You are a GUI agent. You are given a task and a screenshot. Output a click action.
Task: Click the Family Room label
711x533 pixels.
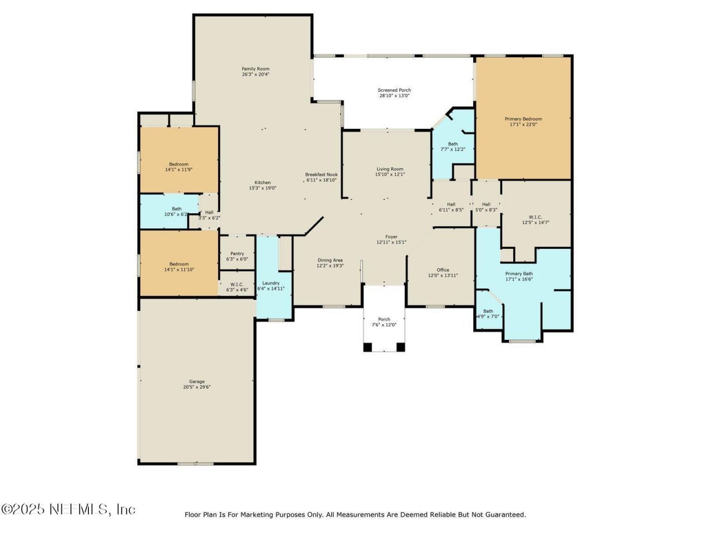click(256, 69)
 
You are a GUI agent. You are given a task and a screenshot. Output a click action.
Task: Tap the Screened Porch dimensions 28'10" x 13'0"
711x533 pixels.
click(394, 95)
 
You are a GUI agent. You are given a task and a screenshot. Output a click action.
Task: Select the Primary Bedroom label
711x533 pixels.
click(523, 119)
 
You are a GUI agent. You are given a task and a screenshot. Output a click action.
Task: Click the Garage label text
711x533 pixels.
click(197, 381)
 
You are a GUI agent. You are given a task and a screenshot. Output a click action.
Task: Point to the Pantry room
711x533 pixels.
click(237, 256)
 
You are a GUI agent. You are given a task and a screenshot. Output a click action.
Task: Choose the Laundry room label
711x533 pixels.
click(271, 283)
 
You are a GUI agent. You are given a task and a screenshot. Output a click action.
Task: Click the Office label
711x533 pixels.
click(443, 270)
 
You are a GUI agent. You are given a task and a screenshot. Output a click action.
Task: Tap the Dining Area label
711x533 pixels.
click(330, 260)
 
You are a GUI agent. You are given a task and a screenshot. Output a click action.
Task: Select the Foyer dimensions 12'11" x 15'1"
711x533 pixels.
click(392, 242)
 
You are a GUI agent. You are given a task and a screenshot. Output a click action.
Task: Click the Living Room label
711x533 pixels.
click(389, 169)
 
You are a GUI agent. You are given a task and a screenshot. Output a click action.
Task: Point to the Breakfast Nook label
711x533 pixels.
click(321, 174)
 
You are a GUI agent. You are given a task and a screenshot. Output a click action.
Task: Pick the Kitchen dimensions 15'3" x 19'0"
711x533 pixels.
click(263, 188)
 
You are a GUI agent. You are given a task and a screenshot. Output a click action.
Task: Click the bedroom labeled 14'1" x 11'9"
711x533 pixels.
click(179, 167)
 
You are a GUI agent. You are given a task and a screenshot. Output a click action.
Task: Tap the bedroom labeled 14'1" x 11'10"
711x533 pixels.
click(179, 266)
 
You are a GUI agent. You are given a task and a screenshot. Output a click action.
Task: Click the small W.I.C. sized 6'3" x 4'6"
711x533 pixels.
click(237, 287)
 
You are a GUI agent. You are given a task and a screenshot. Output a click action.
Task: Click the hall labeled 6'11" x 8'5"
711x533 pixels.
click(451, 207)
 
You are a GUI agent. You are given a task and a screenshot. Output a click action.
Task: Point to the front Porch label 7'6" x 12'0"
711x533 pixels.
click(384, 322)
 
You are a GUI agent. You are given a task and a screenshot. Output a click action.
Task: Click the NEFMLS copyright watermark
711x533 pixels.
click(68, 509)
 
